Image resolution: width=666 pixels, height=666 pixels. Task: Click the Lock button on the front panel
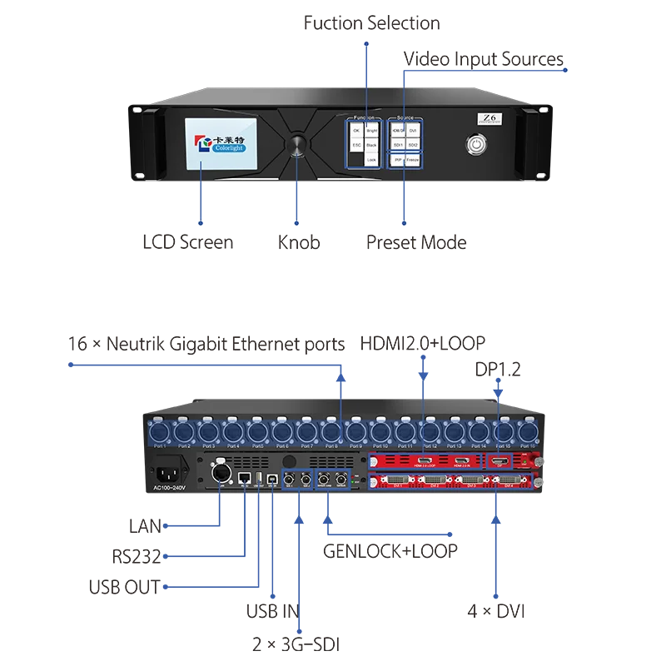pos(371,159)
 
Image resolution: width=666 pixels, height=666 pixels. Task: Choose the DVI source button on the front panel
pos(415,131)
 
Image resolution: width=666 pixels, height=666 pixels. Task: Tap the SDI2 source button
pos(415,145)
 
